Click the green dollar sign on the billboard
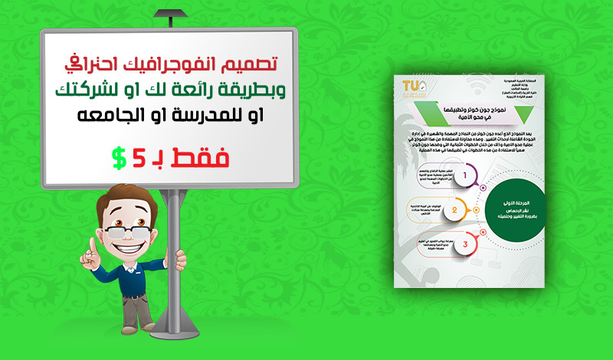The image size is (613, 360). click(x=119, y=159)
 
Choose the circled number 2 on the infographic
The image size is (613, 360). click(x=454, y=209)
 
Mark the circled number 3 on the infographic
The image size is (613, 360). click(x=464, y=244)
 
